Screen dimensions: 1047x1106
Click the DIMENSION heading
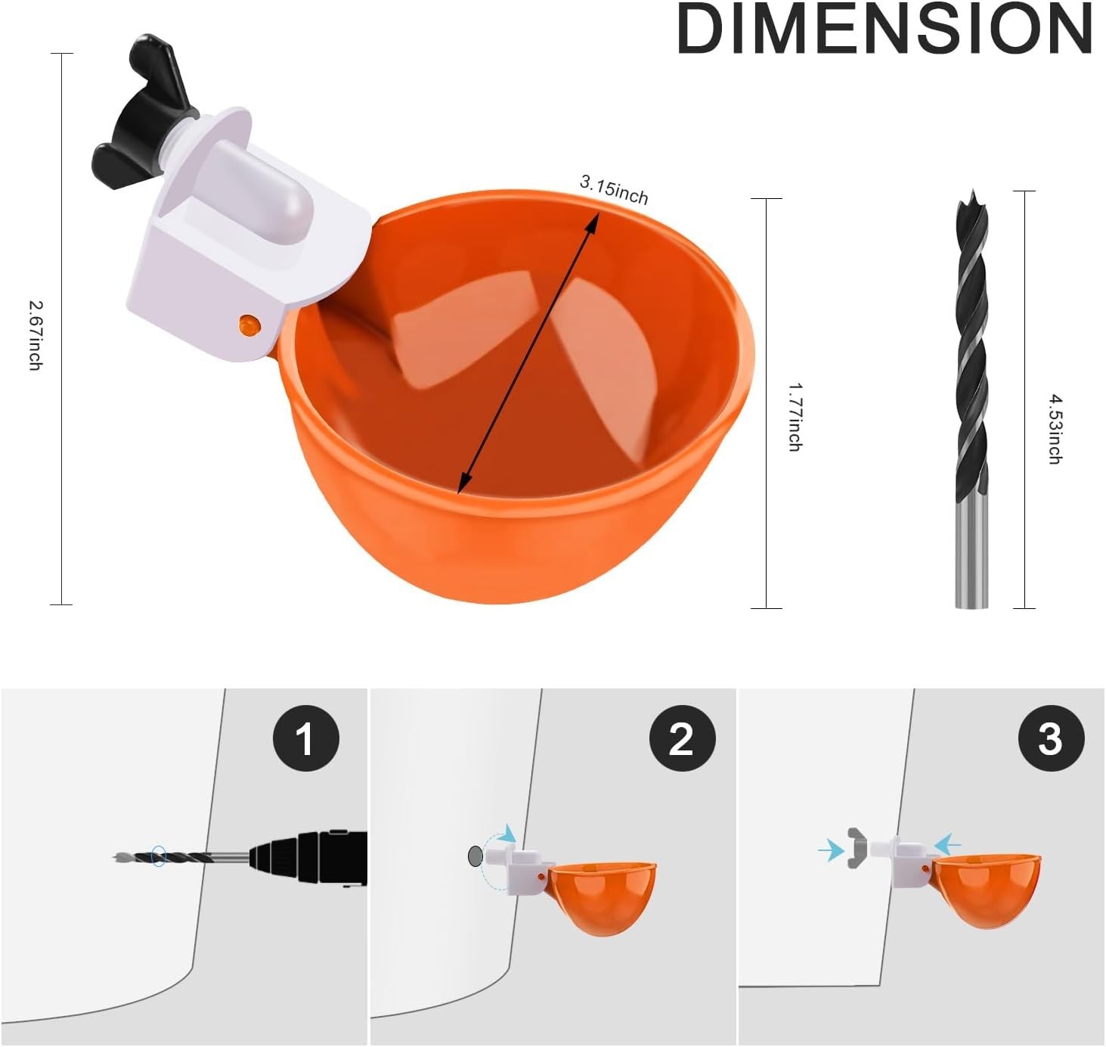884,29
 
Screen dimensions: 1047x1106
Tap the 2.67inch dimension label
35,335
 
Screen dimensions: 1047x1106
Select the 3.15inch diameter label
614,190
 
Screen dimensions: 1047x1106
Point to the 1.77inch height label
795,417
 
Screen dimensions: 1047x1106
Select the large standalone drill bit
971,401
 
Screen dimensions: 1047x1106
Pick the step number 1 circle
305,738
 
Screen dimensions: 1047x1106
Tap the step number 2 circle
682,738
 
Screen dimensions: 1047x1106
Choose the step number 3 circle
1051,738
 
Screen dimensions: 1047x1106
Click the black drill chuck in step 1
310,858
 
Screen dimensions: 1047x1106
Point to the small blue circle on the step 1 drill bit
158,856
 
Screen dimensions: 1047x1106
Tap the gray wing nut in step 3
855,849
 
